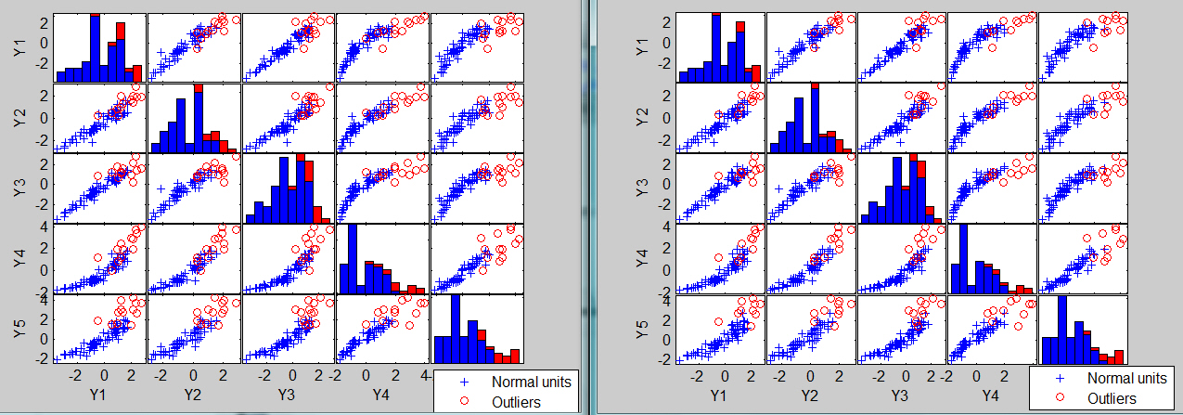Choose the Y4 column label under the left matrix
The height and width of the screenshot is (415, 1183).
(381, 395)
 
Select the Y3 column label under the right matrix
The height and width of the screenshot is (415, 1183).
(899, 395)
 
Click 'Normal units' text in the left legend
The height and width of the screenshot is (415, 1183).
(531, 381)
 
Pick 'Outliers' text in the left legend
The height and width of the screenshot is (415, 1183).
(516, 401)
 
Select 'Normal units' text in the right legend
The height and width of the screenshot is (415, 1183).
(1126, 379)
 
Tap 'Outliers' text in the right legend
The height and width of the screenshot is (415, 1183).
(1112, 398)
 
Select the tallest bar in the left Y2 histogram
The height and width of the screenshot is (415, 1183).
(198, 118)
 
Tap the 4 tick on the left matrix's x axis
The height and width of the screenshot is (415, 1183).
(425, 376)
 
